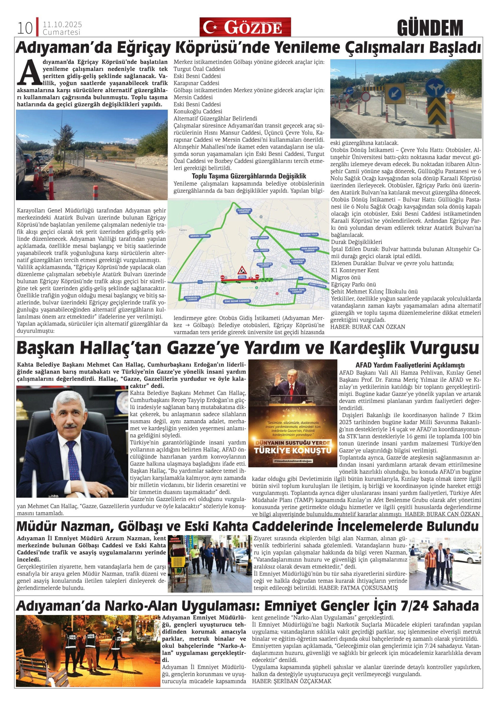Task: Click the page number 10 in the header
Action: (25, 28)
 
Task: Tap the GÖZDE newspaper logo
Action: (245, 27)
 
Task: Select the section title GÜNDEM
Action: (430, 28)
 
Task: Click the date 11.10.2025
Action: (62, 25)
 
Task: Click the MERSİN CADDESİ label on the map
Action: (199, 236)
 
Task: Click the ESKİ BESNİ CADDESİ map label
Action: (237, 301)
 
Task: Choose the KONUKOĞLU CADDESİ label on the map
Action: (192, 298)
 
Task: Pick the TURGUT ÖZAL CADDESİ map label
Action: (297, 290)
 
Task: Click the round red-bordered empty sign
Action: (365, 97)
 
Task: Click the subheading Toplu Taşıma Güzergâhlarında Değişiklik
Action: (249, 176)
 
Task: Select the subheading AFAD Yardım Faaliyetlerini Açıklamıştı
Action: (410, 365)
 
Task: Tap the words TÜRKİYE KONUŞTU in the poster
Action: (292, 451)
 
